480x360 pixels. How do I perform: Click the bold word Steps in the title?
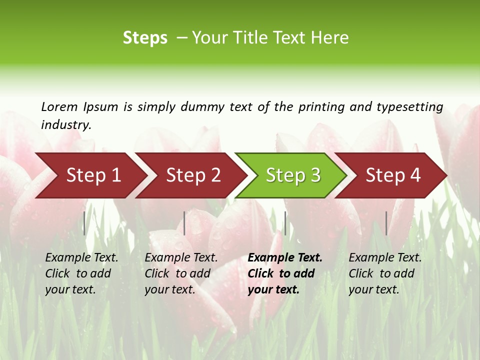(x=145, y=38)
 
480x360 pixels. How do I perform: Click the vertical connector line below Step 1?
(x=84, y=223)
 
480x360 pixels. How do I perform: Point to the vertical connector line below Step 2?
(x=184, y=223)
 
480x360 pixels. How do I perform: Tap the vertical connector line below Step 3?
(x=285, y=223)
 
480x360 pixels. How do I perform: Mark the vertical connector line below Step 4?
(x=386, y=223)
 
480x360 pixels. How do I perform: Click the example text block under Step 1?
(x=81, y=273)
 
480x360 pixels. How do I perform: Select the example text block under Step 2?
(x=180, y=273)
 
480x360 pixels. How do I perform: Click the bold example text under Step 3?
(x=284, y=273)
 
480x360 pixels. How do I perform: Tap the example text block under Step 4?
(x=384, y=273)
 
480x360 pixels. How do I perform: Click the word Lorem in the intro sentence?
(x=59, y=107)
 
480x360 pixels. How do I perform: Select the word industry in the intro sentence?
(x=65, y=125)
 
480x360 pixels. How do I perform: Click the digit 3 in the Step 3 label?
(x=315, y=175)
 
